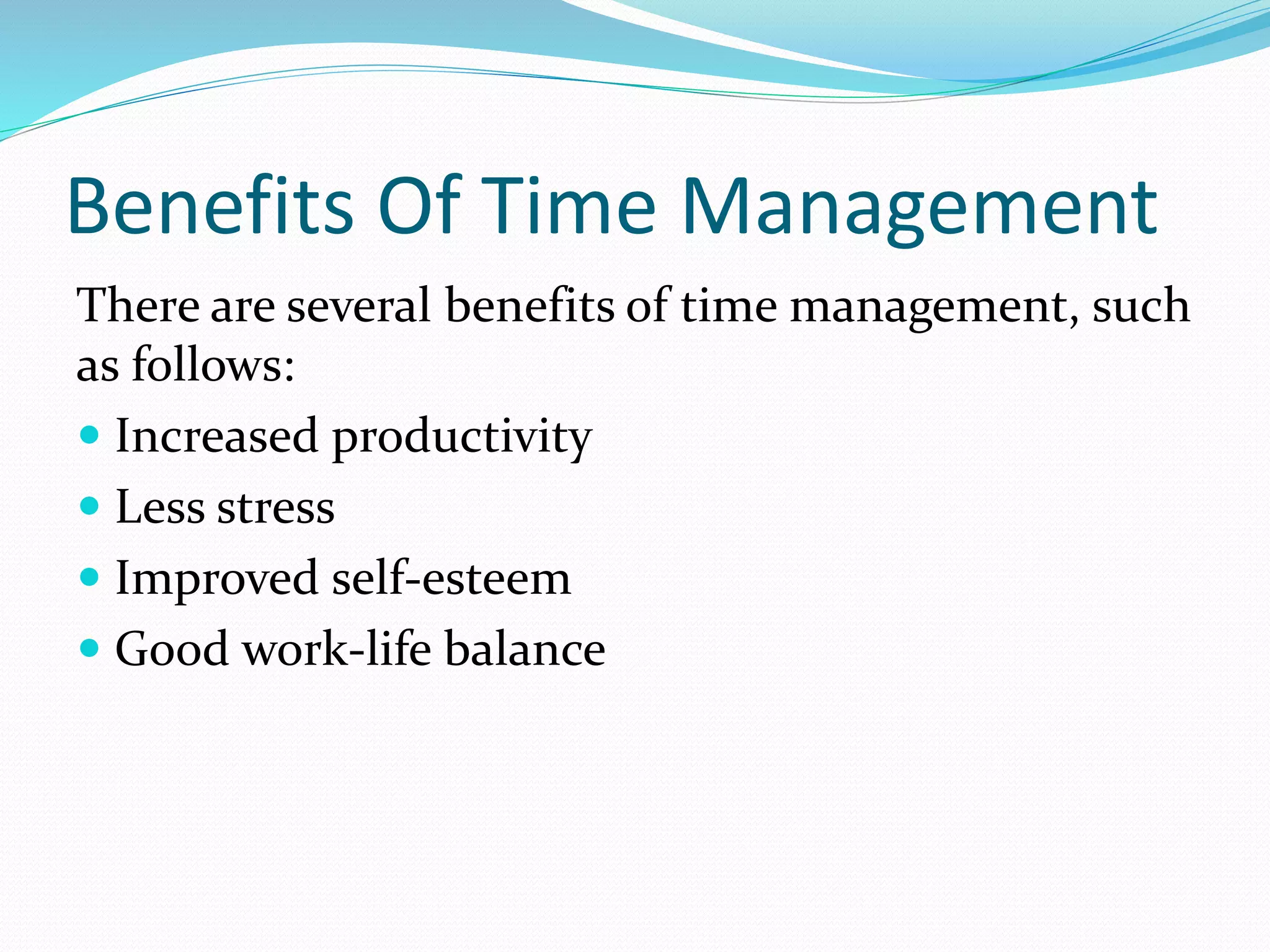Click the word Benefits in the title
(x=211, y=206)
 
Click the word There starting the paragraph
(x=138, y=305)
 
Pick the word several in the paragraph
(x=358, y=305)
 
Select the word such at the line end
(x=1140, y=305)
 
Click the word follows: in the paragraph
(x=213, y=364)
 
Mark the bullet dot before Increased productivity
(x=90, y=435)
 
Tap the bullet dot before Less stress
(x=90, y=506)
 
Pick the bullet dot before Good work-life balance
(x=90, y=648)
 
